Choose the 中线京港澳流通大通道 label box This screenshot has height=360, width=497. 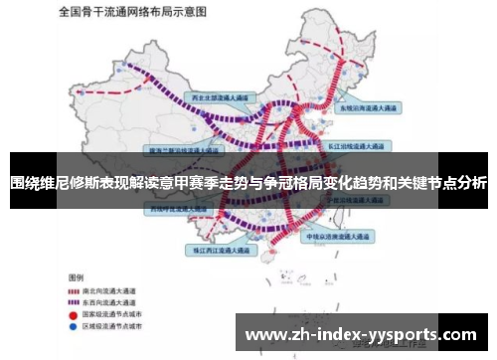pos(341,239)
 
